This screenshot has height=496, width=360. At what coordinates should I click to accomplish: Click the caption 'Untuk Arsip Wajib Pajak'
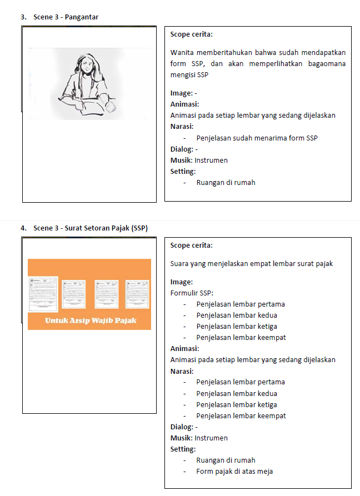91,320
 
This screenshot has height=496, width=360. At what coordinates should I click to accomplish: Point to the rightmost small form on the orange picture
137,293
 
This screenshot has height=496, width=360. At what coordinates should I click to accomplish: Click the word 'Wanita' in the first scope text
183,53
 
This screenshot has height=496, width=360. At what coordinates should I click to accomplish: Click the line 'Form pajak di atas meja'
234,472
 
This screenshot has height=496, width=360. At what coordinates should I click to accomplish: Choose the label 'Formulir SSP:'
192,293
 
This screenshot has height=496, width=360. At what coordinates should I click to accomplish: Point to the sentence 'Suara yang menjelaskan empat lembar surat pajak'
252,263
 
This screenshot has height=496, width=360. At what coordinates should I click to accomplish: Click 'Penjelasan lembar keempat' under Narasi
241,415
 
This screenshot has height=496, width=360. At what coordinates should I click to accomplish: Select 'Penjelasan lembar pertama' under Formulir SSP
241,304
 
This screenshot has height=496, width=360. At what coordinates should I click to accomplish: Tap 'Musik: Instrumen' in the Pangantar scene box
199,160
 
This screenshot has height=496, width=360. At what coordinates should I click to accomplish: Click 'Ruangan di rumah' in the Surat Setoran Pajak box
226,460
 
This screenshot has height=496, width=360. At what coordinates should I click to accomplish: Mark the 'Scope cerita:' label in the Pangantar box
192,34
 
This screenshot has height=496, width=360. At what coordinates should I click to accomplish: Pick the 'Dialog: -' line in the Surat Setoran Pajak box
184,427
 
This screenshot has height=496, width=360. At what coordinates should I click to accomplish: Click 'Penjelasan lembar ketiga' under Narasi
237,404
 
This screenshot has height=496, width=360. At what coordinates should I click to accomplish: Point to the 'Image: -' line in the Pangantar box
183,93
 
